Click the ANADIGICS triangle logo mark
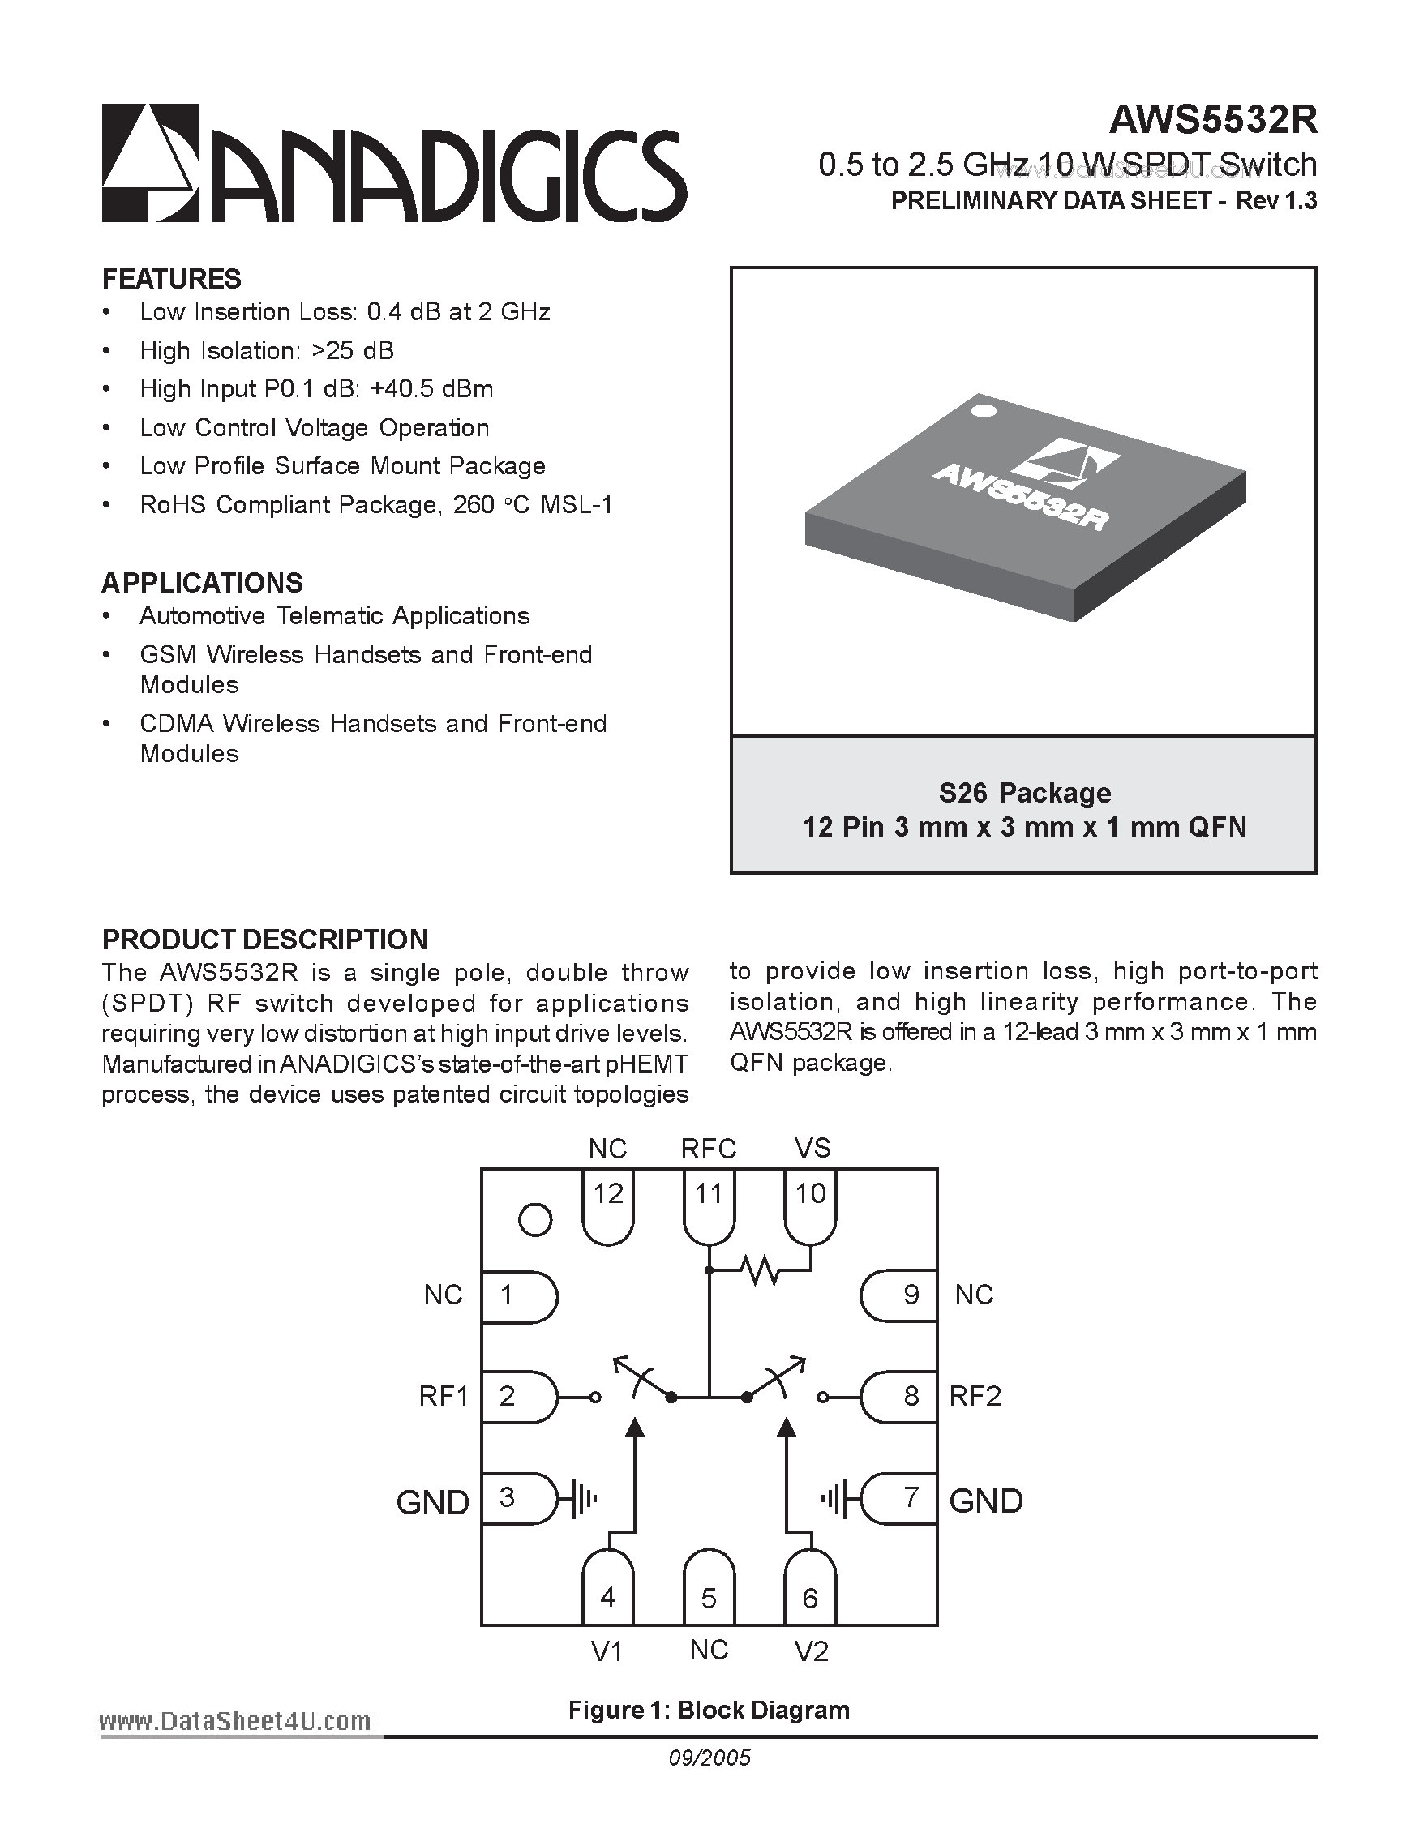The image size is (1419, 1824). click(151, 163)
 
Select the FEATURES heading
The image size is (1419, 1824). click(171, 278)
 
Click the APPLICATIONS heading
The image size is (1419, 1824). click(202, 582)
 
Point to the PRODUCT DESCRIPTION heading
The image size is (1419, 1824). click(265, 940)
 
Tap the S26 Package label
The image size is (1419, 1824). click(1024, 792)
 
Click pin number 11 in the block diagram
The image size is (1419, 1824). click(708, 1194)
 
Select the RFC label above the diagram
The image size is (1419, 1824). click(708, 1150)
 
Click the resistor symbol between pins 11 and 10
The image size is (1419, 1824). click(760, 1271)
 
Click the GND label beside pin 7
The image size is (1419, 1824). click(985, 1501)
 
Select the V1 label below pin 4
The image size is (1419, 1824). click(607, 1652)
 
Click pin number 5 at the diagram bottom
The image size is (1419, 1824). click(708, 1598)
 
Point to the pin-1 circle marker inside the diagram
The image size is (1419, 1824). click(535, 1220)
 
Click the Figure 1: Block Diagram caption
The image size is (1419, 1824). click(708, 1711)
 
